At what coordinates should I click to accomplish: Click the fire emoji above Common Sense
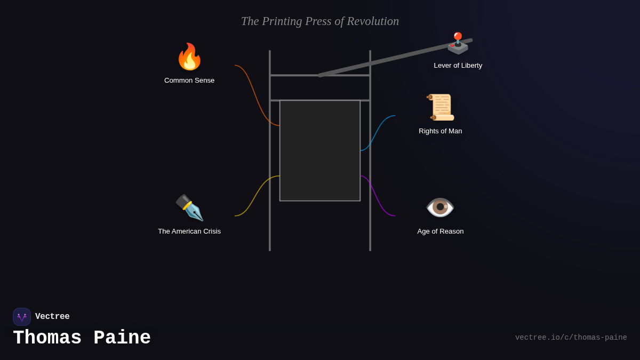pos(189,57)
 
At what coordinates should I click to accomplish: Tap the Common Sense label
pos(189,81)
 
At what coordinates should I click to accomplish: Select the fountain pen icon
pos(189,207)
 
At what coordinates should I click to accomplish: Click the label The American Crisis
pos(189,231)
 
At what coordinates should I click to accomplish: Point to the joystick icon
pos(458,43)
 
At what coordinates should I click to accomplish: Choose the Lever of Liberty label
pos(458,66)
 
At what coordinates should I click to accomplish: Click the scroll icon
pos(441,107)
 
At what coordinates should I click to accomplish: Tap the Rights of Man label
pos(441,131)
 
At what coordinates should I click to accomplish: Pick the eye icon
pos(440,207)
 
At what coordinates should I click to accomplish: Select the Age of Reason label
pos(441,231)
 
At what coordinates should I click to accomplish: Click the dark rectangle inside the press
pos(320,150)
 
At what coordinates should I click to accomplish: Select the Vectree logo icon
pos(22,317)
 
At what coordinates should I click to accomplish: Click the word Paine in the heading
pos(122,338)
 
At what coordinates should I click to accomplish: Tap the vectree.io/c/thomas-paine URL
pos(571,338)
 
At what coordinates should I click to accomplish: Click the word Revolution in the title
pos(373,21)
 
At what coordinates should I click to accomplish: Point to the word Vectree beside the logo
pos(52,317)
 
